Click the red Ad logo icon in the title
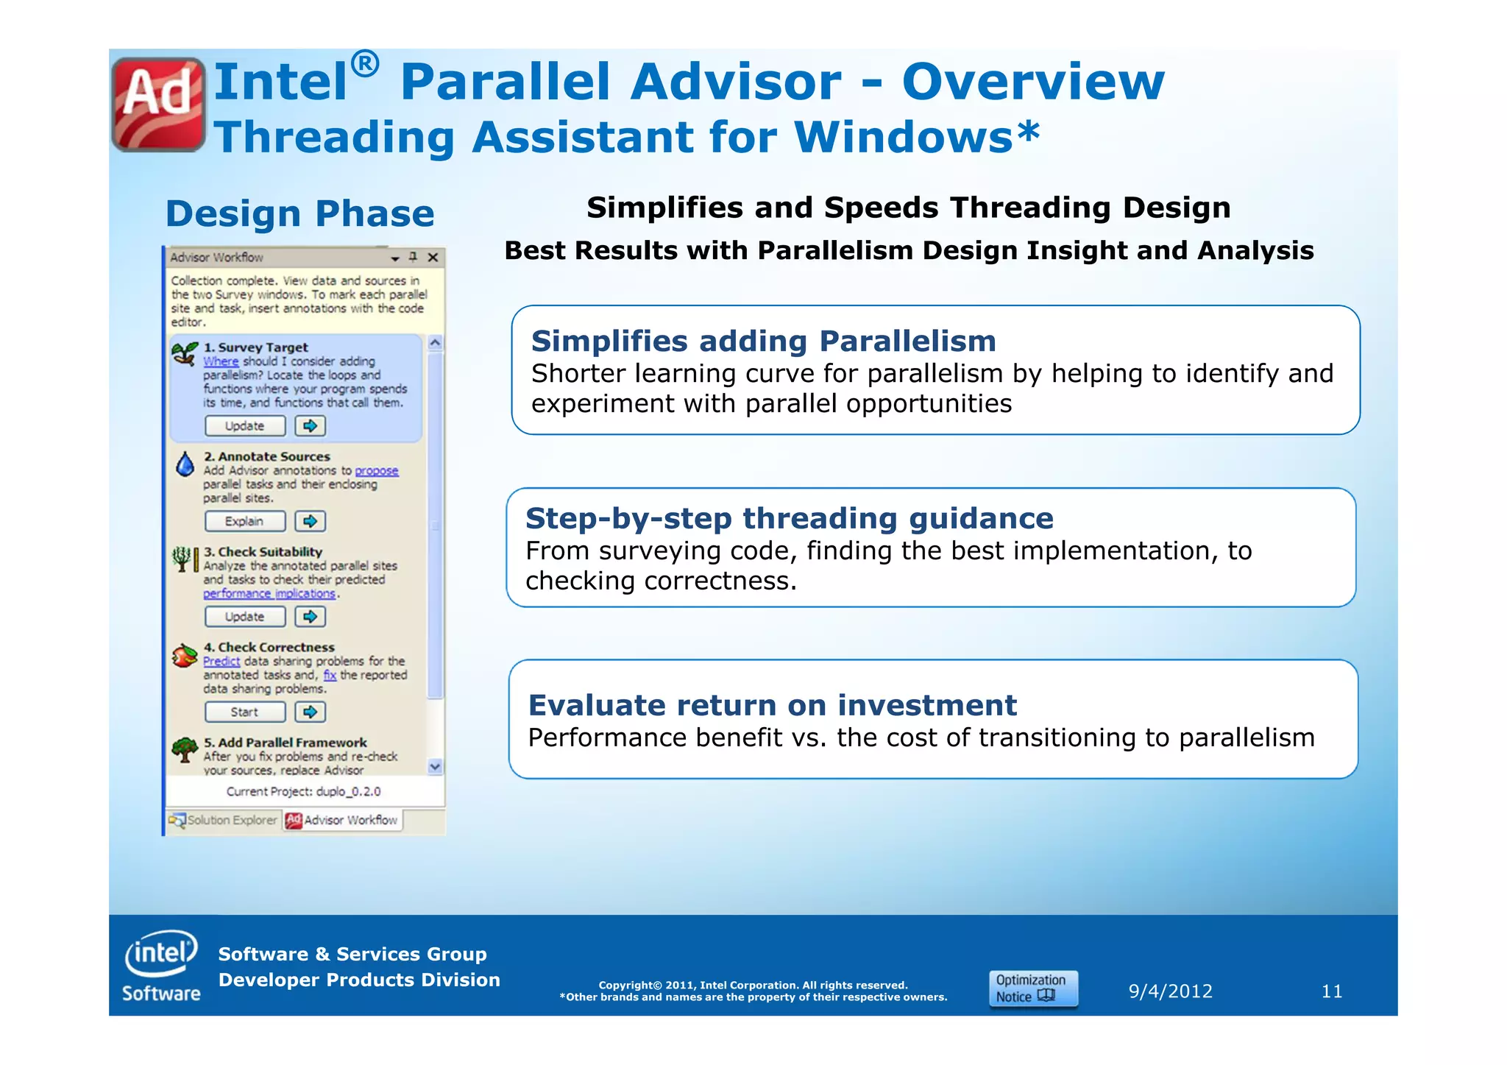click(x=158, y=104)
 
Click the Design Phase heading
click(x=300, y=214)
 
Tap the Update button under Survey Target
click(x=245, y=426)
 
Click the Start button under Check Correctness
click(x=245, y=712)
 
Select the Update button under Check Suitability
click(x=245, y=617)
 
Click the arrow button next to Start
click(x=311, y=712)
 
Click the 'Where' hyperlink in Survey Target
click(x=221, y=361)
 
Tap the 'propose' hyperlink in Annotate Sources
click(x=377, y=471)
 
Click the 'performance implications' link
click(x=269, y=594)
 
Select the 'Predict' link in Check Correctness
click(x=221, y=662)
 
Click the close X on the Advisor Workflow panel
click(x=433, y=258)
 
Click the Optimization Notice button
click(x=1033, y=988)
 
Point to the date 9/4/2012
click(x=1170, y=991)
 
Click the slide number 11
click(x=1331, y=991)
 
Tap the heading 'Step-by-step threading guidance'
click(x=789, y=519)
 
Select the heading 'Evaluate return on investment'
click(x=773, y=706)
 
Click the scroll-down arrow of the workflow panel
click(x=435, y=767)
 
